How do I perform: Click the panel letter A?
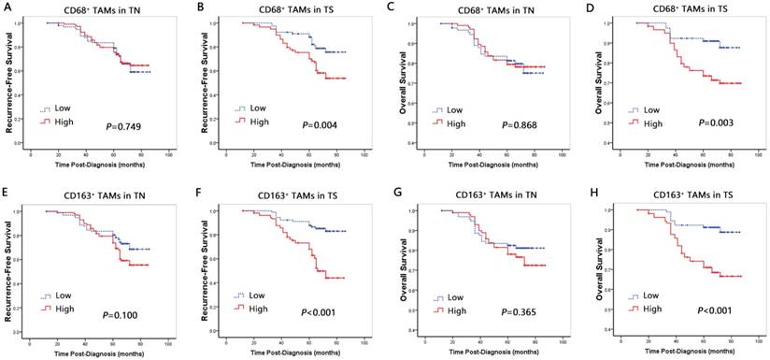9,7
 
